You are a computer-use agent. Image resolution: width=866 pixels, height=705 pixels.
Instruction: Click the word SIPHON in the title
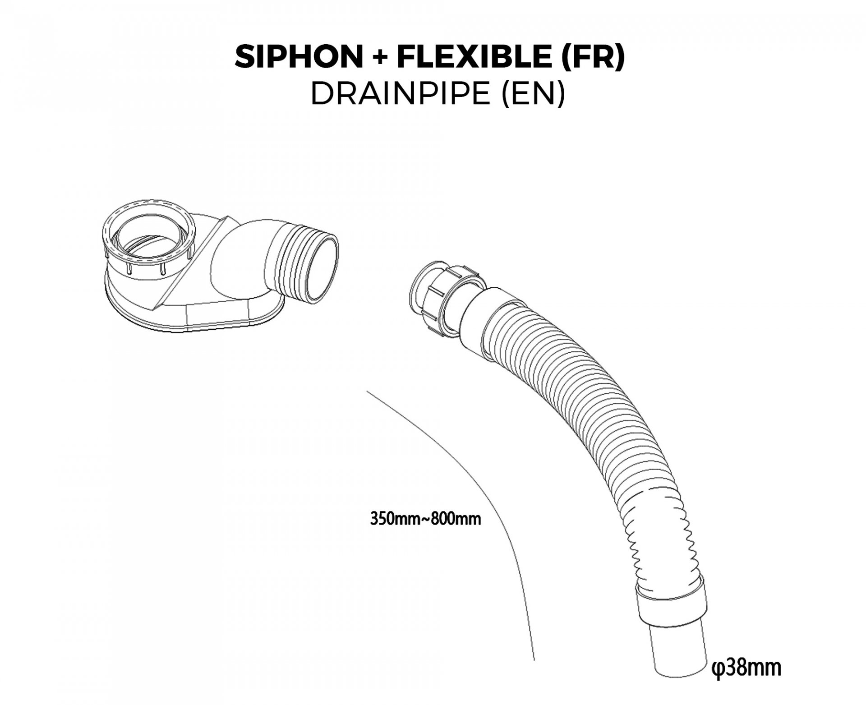click(x=299, y=57)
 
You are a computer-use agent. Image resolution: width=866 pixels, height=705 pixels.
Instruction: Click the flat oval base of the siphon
click(x=194, y=318)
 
